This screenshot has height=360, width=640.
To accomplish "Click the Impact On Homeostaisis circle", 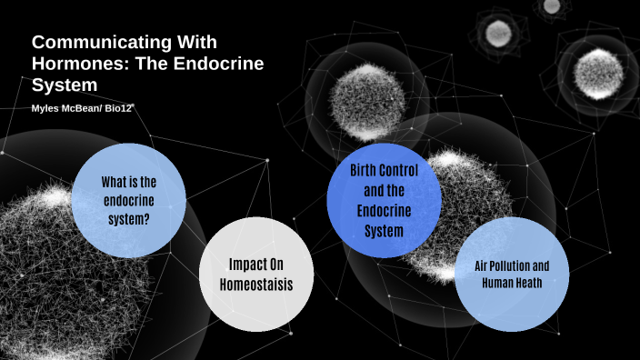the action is pyautogui.click(x=257, y=275).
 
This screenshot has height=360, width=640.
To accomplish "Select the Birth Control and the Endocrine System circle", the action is pyautogui.click(x=384, y=200).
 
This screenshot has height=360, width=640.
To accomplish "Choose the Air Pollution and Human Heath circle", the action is pyautogui.click(x=511, y=274).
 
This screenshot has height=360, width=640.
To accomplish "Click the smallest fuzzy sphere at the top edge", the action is pyautogui.click(x=552, y=6).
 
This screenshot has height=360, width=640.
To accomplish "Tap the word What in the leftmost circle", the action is pyautogui.click(x=114, y=181).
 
